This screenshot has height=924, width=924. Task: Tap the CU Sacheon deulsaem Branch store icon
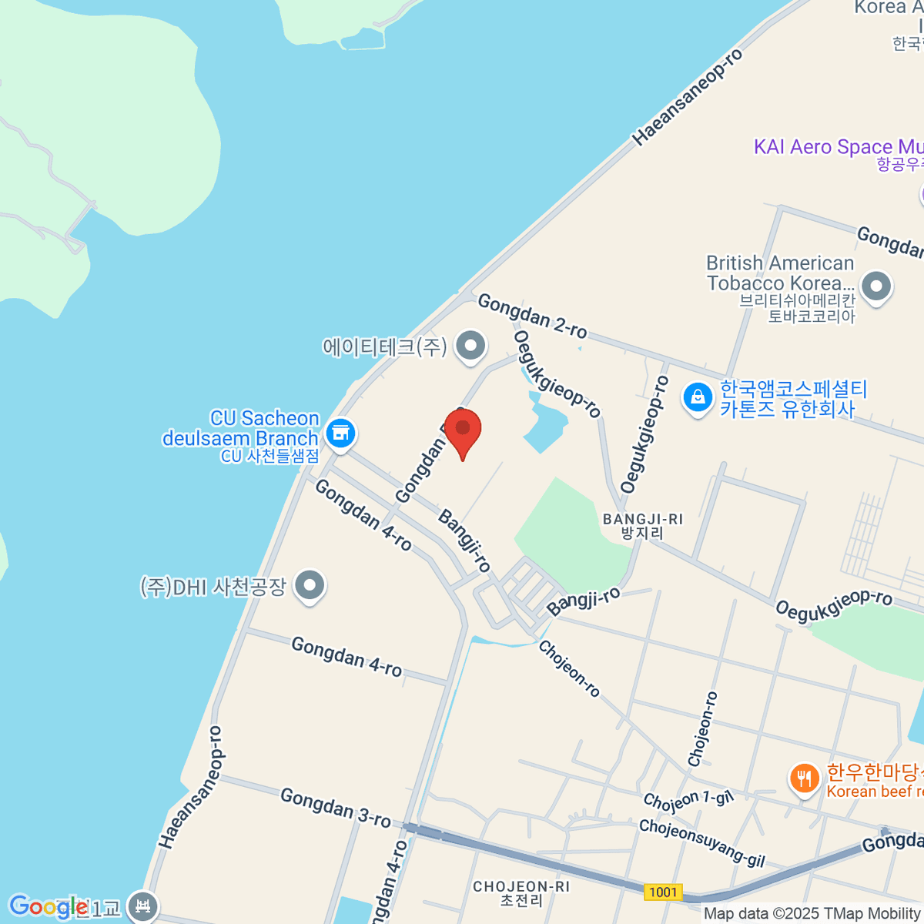tap(340, 433)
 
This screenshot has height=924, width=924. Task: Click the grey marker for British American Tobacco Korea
tap(875, 286)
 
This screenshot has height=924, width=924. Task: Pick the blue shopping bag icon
tap(697, 398)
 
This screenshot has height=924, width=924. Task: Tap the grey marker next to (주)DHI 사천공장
tap(310, 586)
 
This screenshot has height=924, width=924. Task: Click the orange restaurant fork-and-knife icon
tap(804, 778)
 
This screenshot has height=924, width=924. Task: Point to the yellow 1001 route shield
tap(663, 892)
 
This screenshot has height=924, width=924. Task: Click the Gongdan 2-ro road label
tap(532, 316)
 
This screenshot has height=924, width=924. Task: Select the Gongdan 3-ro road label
tap(336, 807)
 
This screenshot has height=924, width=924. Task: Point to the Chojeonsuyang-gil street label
tap(701, 842)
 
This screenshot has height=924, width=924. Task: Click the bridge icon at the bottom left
tap(142, 907)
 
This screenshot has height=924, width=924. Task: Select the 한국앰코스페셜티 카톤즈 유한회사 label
tap(793, 399)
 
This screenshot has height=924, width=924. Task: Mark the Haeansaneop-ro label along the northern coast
tap(688, 97)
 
